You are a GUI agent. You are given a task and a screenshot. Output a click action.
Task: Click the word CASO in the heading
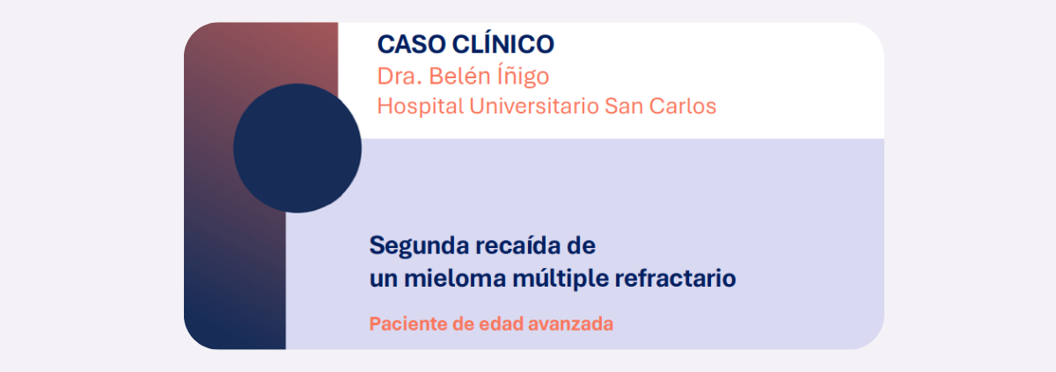(412, 45)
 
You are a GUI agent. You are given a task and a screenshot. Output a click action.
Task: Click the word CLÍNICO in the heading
(503, 44)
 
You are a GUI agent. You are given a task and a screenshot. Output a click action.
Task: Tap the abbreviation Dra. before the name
(400, 77)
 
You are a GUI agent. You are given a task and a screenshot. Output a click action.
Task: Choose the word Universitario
(533, 106)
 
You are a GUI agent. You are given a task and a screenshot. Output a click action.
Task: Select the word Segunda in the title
(419, 247)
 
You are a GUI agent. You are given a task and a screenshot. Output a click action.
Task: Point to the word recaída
(519, 245)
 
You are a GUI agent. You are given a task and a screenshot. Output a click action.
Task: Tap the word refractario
(675, 278)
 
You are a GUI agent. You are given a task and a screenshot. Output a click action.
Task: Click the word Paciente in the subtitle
(407, 324)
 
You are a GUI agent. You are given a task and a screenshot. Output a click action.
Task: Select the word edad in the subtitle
(501, 324)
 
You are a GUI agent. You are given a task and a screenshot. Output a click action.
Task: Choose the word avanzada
(570, 324)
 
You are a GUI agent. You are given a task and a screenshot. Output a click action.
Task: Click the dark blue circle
(297, 149)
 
